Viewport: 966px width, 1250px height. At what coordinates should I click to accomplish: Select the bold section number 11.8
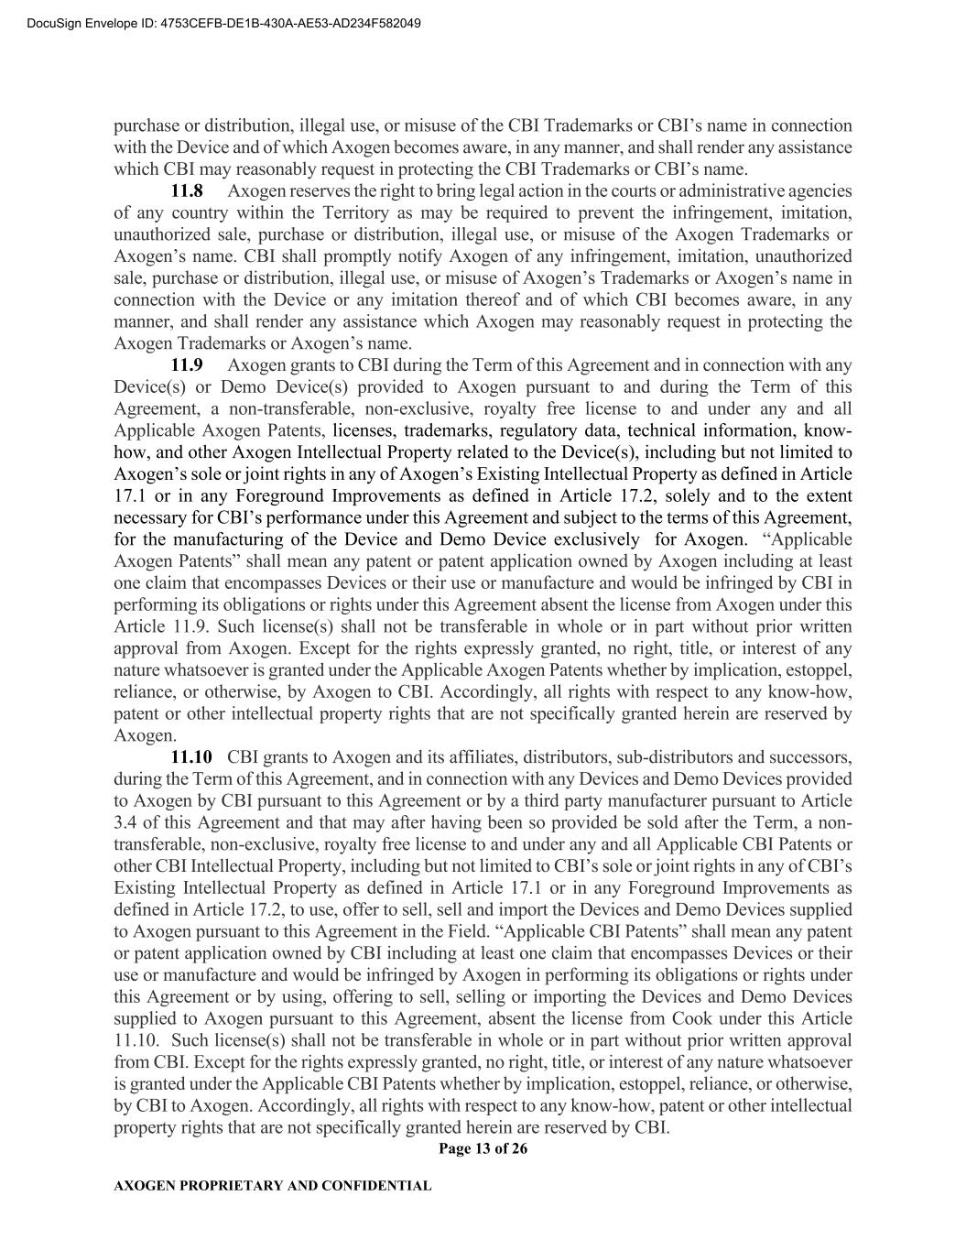point(187,191)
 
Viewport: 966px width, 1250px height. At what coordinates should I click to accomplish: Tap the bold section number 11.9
point(187,365)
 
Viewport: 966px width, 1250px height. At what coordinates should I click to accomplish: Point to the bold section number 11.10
point(191,757)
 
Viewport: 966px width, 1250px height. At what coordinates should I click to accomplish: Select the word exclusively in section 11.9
point(596,539)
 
